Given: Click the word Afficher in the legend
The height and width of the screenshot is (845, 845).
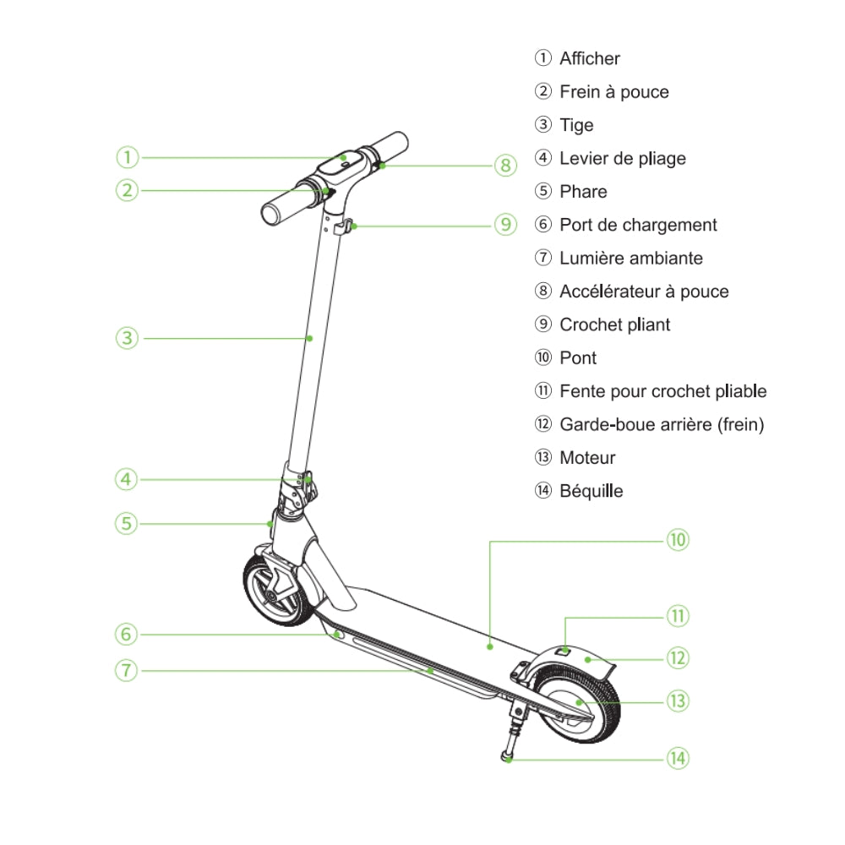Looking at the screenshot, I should coord(589,58).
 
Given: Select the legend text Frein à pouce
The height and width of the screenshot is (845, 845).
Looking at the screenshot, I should coord(613,92).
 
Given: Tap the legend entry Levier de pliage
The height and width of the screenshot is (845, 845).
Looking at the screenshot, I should coord(622,159).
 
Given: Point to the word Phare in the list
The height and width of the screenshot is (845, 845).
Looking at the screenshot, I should coord(583,192).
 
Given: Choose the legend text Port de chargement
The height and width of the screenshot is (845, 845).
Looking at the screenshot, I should coord(638,225).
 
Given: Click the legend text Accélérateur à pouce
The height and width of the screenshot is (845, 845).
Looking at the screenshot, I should coord(644,292).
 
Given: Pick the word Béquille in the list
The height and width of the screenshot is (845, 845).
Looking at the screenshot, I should coord(591,491).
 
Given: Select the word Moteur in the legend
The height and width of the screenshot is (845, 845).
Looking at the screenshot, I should coord(587,458).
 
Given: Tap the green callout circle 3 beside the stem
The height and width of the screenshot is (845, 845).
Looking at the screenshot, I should coord(127,338).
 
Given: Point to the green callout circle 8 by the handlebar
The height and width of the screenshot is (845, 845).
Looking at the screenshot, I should coord(505,166).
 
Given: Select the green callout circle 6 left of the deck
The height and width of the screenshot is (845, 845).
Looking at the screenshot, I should coord(127,634).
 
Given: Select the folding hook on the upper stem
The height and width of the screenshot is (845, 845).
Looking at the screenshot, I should coord(345,226).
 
